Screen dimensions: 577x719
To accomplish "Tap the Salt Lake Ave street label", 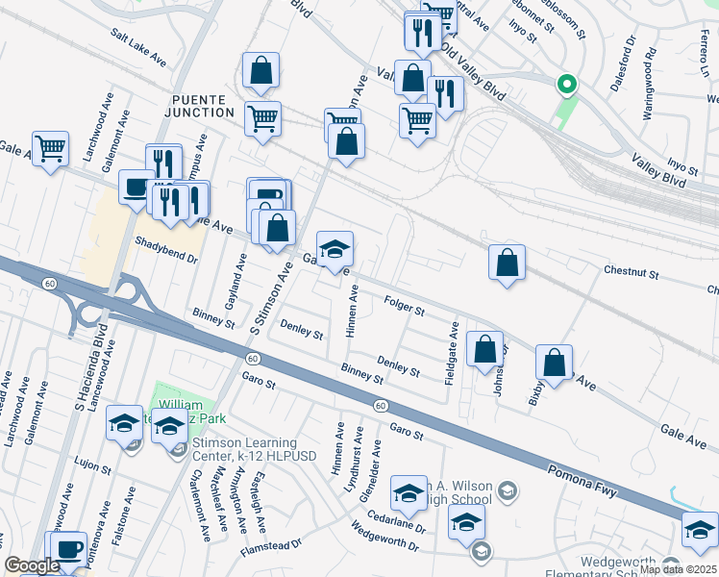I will click(x=138, y=47).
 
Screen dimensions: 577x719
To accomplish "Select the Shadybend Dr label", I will click(x=166, y=252).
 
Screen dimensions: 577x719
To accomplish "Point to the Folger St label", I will click(x=405, y=307).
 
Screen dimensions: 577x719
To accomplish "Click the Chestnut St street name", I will click(x=631, y=273).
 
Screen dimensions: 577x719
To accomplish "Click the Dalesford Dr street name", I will click(x=623, y=64).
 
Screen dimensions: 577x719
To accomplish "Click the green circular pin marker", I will click(x=567, y=85).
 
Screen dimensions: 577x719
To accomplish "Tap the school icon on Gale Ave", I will click(x=335, y=250).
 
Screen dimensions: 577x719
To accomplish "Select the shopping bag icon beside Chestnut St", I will click(x=507, y=263).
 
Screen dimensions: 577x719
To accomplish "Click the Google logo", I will click(x=32, y=566).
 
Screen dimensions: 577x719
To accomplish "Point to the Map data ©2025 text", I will click(x=678, y=569).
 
